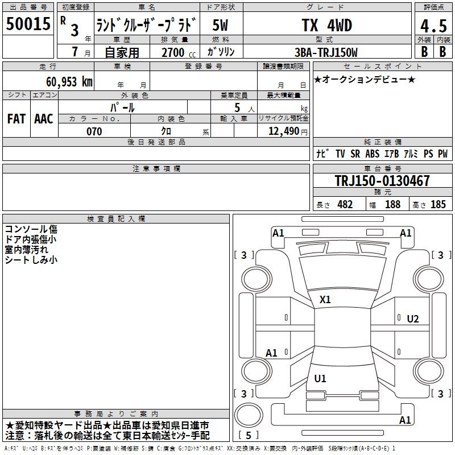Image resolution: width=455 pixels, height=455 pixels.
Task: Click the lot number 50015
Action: pyautogui.click(x=28, y=24)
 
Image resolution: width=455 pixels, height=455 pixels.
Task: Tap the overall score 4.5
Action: pyautogui.click(x=433, y=26)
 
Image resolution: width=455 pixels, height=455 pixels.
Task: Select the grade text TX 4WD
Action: pyautogui.click(x=326, y=25)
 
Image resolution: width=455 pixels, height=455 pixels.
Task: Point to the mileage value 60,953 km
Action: pyautogui.click(x=69, y=82)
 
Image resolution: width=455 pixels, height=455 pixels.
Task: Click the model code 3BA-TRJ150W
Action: pyautogui.click(x=326, y=52)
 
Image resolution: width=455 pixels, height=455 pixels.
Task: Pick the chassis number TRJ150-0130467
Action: pyautogui.click(x=382, y=180)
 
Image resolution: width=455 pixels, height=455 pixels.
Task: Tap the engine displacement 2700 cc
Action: pyautogui.click(x=179, y=52)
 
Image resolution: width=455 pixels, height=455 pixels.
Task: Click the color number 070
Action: pyautogui.click(x=94, y=131)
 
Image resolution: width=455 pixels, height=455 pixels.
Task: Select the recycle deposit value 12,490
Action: pyautogui.click(x=284, y=131)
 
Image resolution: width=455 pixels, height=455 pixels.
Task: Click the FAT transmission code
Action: pyautogui.click(x=16, y=119)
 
